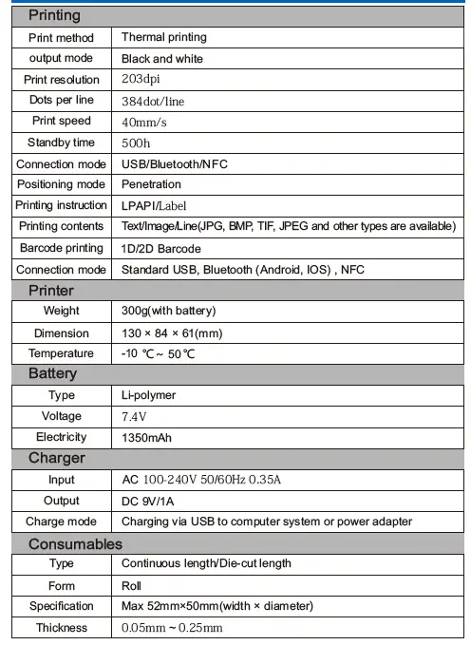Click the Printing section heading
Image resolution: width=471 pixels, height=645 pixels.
point(54,15)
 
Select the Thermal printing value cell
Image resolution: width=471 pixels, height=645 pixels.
point(163,37)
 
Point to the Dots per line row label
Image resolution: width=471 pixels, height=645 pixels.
point(61,101)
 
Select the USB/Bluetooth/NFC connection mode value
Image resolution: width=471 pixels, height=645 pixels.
point(175,163)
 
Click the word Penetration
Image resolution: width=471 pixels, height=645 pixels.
point(151,184)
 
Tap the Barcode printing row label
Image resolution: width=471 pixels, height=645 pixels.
point(61,248)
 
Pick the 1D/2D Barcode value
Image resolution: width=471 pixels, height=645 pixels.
point(161,248)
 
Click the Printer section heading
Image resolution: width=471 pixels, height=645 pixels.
point(50,290)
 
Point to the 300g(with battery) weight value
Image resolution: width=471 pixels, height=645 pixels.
point(169,311)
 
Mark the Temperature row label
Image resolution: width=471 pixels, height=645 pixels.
point(61,353)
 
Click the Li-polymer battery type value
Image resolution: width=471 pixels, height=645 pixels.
point(149,395)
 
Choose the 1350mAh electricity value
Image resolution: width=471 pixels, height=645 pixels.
point(147,438)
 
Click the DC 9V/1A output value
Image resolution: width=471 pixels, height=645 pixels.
point(154,501)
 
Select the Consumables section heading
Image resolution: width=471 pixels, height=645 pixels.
point(75,544)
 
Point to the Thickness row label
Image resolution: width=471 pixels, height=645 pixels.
point(61,628)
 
